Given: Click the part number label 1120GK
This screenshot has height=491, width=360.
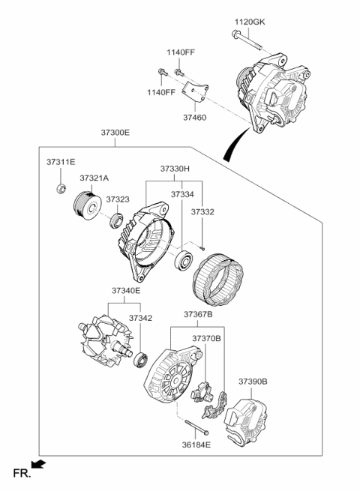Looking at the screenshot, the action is coord(250,22).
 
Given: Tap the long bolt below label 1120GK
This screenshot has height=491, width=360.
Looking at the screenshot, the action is coord(246,40).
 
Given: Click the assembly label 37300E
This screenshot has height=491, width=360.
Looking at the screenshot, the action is coord(115,133).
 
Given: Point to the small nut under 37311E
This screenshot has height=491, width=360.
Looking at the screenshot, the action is coord(61,188).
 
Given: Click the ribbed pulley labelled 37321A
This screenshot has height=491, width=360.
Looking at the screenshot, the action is coord(88,206).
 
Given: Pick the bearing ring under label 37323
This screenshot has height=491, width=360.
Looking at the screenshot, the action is coord(116,220).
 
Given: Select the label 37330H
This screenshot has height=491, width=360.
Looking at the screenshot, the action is coord(175,169).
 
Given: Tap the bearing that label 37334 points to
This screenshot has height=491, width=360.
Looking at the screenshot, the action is coord(183,260).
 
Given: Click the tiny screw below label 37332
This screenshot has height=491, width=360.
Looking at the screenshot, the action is coord(202,249).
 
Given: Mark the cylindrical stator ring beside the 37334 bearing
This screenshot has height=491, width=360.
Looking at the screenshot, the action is coord(217,280).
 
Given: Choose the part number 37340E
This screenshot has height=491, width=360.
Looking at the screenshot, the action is coord(126,291).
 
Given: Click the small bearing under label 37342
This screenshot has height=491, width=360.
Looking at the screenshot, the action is coord(141,360).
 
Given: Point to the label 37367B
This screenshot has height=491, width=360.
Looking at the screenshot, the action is coord(198,314).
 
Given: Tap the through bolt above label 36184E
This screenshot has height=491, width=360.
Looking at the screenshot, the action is coord(196,427).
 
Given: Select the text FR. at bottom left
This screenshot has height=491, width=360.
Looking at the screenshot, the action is coord(22,474).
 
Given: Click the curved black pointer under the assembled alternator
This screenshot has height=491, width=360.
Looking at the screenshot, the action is coord(235,145).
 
